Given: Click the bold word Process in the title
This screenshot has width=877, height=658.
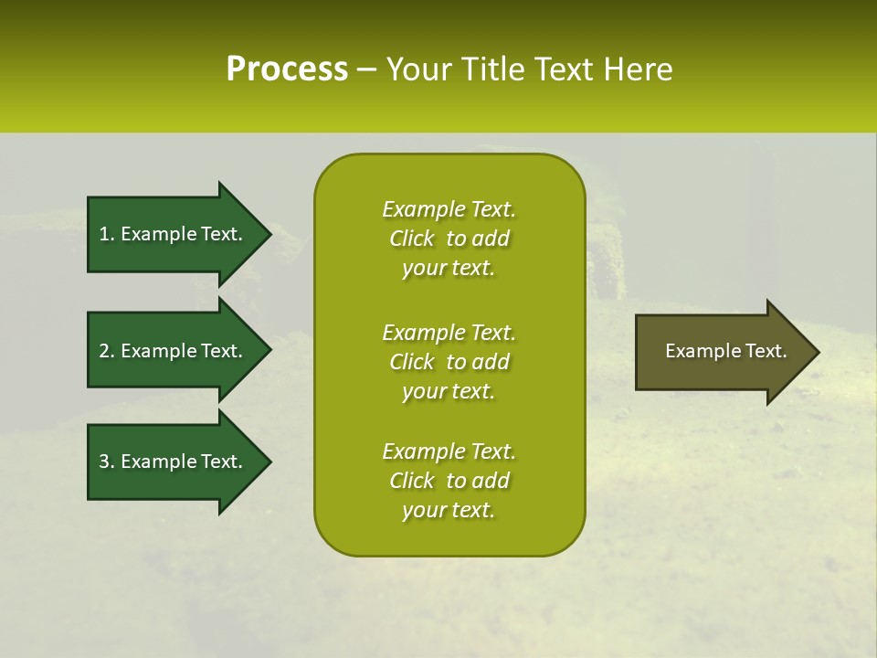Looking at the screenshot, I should point(287,69).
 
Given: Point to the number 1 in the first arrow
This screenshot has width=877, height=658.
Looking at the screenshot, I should point(104,234).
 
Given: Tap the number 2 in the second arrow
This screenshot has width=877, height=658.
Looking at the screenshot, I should point(104,351).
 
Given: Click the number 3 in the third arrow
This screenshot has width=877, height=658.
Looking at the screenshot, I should point(104,462).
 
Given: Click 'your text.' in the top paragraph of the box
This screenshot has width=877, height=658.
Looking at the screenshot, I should point(449,268).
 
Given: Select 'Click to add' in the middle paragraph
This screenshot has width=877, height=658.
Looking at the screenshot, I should point(449,362).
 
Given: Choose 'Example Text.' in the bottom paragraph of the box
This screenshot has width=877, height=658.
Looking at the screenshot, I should point(449,451).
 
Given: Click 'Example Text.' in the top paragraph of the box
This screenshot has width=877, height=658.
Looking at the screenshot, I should point(449,209).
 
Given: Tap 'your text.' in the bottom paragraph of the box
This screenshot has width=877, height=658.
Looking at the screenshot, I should point(449,510).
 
